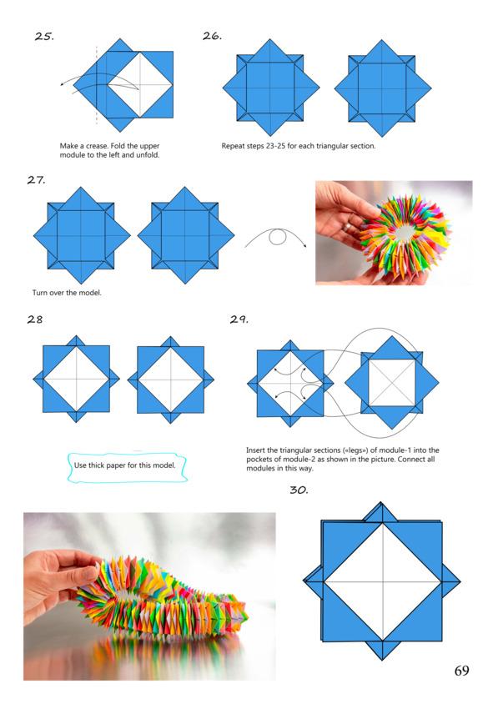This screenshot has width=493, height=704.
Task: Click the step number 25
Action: tap(44, 36)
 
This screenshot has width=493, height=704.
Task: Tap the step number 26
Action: tap(212, 36)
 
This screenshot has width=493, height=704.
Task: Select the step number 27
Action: tap(36, 179)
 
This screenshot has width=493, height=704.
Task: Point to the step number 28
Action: tap(35, 319)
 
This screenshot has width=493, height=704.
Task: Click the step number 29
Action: tap(239, 319)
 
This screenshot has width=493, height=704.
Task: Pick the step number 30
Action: tap(299, 490)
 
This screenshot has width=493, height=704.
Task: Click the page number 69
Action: tap(461, 671)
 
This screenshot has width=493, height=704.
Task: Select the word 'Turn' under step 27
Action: tap(40, 293)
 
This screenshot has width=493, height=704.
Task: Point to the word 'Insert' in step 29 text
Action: tap(255, 450)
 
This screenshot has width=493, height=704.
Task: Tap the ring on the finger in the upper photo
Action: tap(348, 228)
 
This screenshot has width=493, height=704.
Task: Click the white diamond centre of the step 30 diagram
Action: tap(383, 582)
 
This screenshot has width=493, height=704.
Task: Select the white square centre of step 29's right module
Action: tap(392, 383)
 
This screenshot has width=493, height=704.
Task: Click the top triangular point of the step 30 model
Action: tap(380, 503)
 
